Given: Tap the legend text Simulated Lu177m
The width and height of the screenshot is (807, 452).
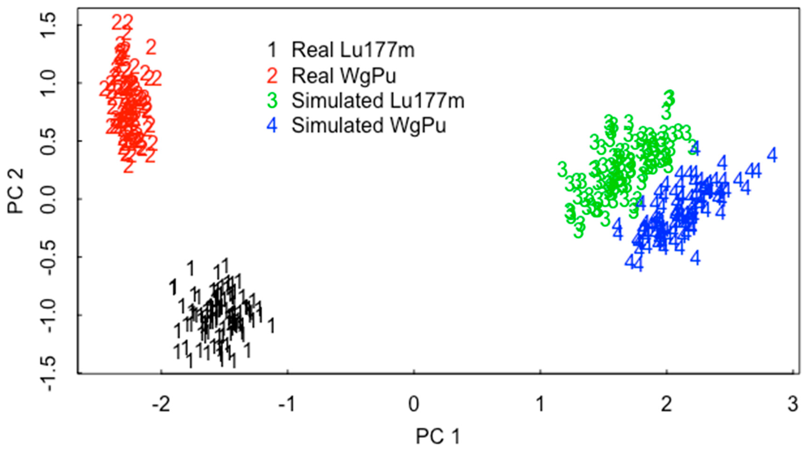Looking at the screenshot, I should pos(378,101).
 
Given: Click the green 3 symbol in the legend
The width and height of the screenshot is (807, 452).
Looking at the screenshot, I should pos(272,101).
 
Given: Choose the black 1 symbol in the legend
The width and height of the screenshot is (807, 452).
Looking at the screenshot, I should pos(272,50).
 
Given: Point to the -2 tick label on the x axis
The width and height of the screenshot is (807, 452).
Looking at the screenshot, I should pos(161,404).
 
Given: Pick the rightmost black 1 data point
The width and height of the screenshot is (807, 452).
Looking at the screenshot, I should pos(271,325).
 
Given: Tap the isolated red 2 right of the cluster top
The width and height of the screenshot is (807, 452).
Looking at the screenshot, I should pos(151,48).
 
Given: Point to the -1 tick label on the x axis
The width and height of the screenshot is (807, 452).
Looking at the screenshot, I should pos(287,404).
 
